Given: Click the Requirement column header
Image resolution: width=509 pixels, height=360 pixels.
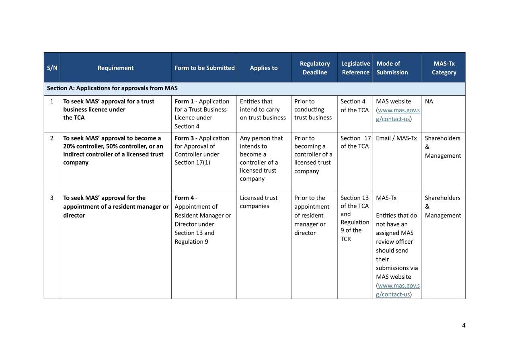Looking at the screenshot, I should point(115,68).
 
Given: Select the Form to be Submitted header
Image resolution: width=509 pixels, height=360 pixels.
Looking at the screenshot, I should point(204,68).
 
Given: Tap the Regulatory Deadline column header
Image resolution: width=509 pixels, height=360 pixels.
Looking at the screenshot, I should point(314,68).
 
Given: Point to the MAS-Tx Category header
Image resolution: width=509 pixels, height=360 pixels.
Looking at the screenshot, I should point(444,68).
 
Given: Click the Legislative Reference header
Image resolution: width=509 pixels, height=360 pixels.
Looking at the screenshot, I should point(355,68).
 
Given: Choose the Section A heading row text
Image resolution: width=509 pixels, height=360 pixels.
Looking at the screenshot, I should point(112,88).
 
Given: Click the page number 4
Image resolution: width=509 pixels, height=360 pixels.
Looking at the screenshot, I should point(464,325).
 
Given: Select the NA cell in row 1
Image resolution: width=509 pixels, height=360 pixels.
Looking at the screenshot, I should point(429,101).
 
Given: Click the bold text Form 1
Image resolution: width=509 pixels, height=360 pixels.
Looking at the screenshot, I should point(184,101).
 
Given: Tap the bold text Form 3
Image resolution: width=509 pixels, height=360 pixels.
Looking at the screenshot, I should point(184,138).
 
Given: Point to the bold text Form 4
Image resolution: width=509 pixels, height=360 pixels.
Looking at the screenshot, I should point(184,198).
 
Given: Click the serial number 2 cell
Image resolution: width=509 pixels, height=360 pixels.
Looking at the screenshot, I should point(51,138).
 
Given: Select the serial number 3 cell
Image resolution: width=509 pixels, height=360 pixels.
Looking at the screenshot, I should point(51,198).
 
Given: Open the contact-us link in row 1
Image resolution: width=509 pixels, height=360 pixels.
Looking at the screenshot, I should point(398,115).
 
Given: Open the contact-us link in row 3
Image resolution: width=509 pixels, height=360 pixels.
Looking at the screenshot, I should point(398,290).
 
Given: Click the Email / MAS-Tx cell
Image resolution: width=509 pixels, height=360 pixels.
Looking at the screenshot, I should point(396,138).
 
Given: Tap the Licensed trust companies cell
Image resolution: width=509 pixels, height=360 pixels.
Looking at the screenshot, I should point(259,202).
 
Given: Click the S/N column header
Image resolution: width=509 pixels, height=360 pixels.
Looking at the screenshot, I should point(52,68).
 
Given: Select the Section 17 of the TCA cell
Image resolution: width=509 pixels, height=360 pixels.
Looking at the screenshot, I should point(355,142).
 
